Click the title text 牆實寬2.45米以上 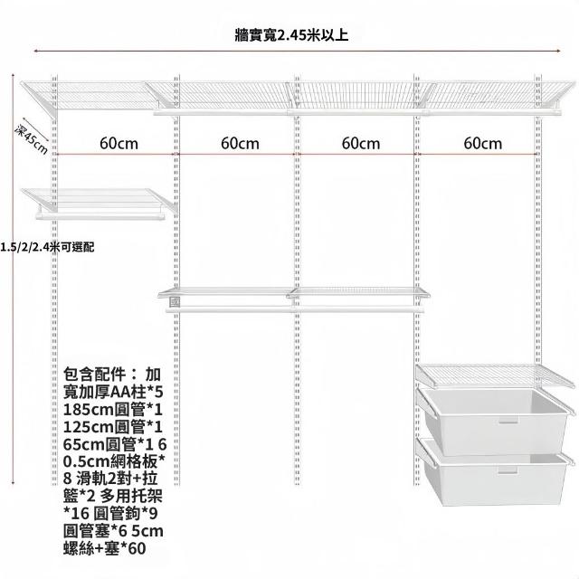pyautogui.click(x=291, y=36)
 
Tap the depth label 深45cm pyautogui.click(x=32, y=139)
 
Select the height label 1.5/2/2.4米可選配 pyautogui.click(x=47, y=247)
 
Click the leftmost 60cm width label pyautogui.click(x=119, y=144)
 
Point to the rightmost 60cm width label pyautogui.click(x=482, y=144)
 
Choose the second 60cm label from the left pyautogui.click(x=240, y=144)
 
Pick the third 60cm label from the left pyautogui.click(x=361, y=144)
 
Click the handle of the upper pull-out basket pyautogui.click(x=508, y=420)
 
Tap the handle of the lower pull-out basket pyautogui.click(x=508, y=470)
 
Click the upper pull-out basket pyautogui.click(x=495, y=421)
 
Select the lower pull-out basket pyautogui.click(x=495, y=472)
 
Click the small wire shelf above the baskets pyautogui.click(x=495, y=375)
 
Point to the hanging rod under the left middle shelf pyautogui.click(x=100, y=215)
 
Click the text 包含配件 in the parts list pyautogui.click(x=95, y=375)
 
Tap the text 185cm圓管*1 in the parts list pyautogui.click(x=113, y=410)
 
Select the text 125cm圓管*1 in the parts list pyautogui.click(x=113, y=427)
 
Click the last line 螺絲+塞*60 pyautogui.click(x=105, y=548)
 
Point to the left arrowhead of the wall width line pyautogui.click(x=36, y=51)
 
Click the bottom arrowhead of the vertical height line pyautogui.click(x=14, y=482)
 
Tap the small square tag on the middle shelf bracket pyautogui.click(x=175, y=302)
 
